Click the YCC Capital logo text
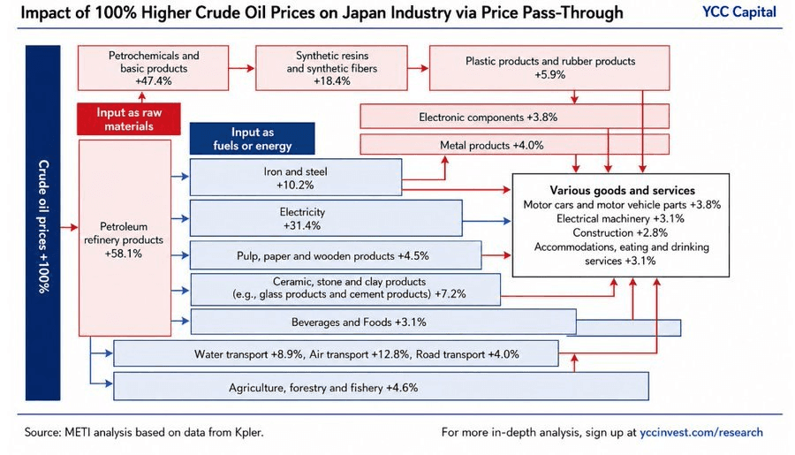pyautogui.click(x=738, y=12)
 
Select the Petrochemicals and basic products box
pyautogui.click(x=153, y=68)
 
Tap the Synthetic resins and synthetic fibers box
pyautogui.click(x=331, y=68)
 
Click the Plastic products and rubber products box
pyautogui.click(x=549, y=68)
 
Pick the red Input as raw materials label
pyautogui.click(x=129, y=119)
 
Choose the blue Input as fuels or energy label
pyautogui.click(x=252, y=139)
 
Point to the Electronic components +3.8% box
pyautogui.click(x=515, y=117)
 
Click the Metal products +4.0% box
pyautogui.click(x=515, y=145)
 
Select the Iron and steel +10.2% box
pyautogui.click(x=296, y=178)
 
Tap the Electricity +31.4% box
pyautogui.click(x=326, y=218)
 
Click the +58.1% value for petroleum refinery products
pyautogui.click(x=123, y=254)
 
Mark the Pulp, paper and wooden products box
pyautogui.click(x=336, y=255)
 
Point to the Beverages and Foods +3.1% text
pyautogui.click(x=359, y=322)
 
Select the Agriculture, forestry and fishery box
pyautogui.click(x=381, y=386)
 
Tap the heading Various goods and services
pyautogui.click(x=622, y=190)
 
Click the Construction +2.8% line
pyautogui.click(x=620, y=233)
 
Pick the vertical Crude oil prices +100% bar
pyautogui.click(x=43, y=223)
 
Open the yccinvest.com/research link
pyautogui.click(x=701, y=432)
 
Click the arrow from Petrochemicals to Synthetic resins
pyautogui.click(x=242, y=68)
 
